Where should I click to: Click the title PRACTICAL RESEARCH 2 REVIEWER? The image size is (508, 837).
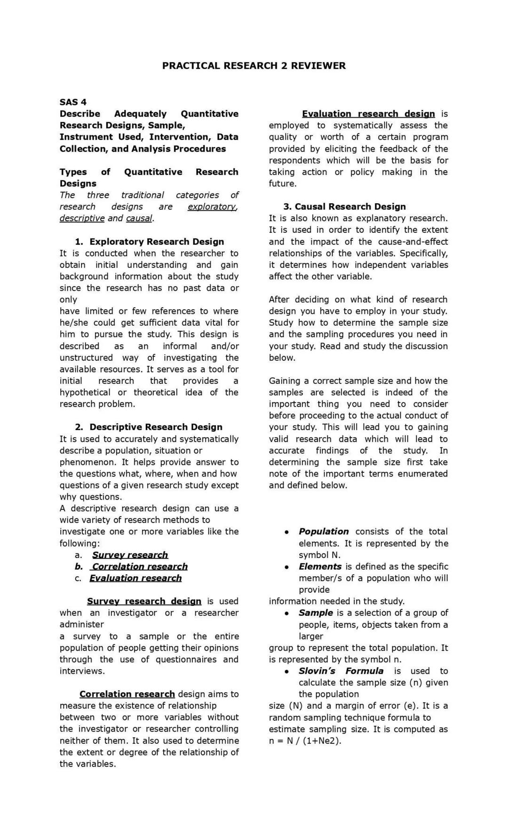tap(254, 66)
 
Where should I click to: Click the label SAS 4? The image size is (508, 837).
tap(73, 102)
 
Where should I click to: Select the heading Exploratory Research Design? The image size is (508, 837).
tap(157, 242)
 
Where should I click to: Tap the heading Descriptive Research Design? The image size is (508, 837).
tap(156, 427)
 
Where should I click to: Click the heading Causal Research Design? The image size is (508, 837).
tap(350, 207)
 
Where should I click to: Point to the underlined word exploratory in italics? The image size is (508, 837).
tap(212, 207)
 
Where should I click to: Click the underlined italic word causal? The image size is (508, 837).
tap(139, 218)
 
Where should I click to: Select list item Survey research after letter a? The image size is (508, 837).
tap(130, 555)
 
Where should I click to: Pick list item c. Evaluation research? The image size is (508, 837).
tap(135, 578)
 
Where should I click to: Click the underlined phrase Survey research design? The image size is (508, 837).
tap(144, 601)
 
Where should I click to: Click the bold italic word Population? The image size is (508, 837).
tap(324, 532)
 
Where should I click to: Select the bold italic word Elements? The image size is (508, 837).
tap(320, 566)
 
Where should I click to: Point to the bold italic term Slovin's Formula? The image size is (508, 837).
tap(341, 671)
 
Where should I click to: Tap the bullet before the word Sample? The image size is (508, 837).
tap(286, 614)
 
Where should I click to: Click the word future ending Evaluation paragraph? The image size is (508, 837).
tap(282, 183)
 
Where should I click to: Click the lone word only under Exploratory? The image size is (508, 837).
tap(68, 300)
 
